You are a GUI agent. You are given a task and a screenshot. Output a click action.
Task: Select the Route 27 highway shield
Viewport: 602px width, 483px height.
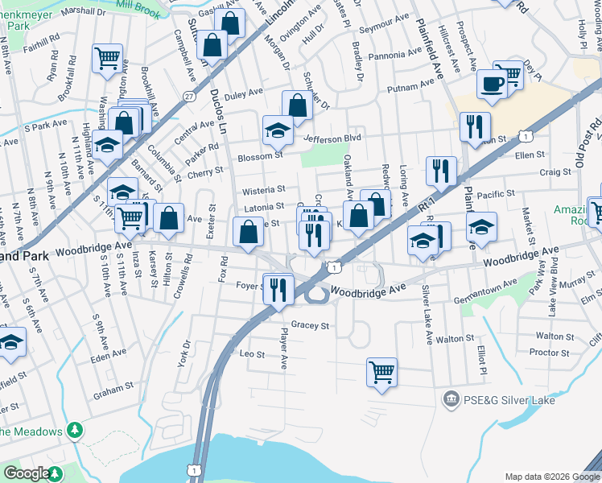188,96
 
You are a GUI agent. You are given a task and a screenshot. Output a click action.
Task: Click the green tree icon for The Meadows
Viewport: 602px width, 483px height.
74,431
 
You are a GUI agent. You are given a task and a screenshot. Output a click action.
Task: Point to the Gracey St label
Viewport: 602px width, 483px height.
311,326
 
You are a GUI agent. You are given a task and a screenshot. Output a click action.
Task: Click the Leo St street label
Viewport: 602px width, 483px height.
252,353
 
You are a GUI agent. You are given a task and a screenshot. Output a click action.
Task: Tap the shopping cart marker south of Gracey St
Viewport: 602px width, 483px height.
381,371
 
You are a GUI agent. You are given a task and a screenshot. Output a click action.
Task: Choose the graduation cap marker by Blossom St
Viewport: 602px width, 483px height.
278,129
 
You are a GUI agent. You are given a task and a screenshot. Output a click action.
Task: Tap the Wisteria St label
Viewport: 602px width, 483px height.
264,190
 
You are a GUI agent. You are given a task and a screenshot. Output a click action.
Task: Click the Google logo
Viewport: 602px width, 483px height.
27,473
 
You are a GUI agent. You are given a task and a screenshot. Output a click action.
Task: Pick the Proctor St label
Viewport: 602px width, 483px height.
550,353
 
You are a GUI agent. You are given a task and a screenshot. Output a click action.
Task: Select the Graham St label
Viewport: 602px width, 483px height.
113,388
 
